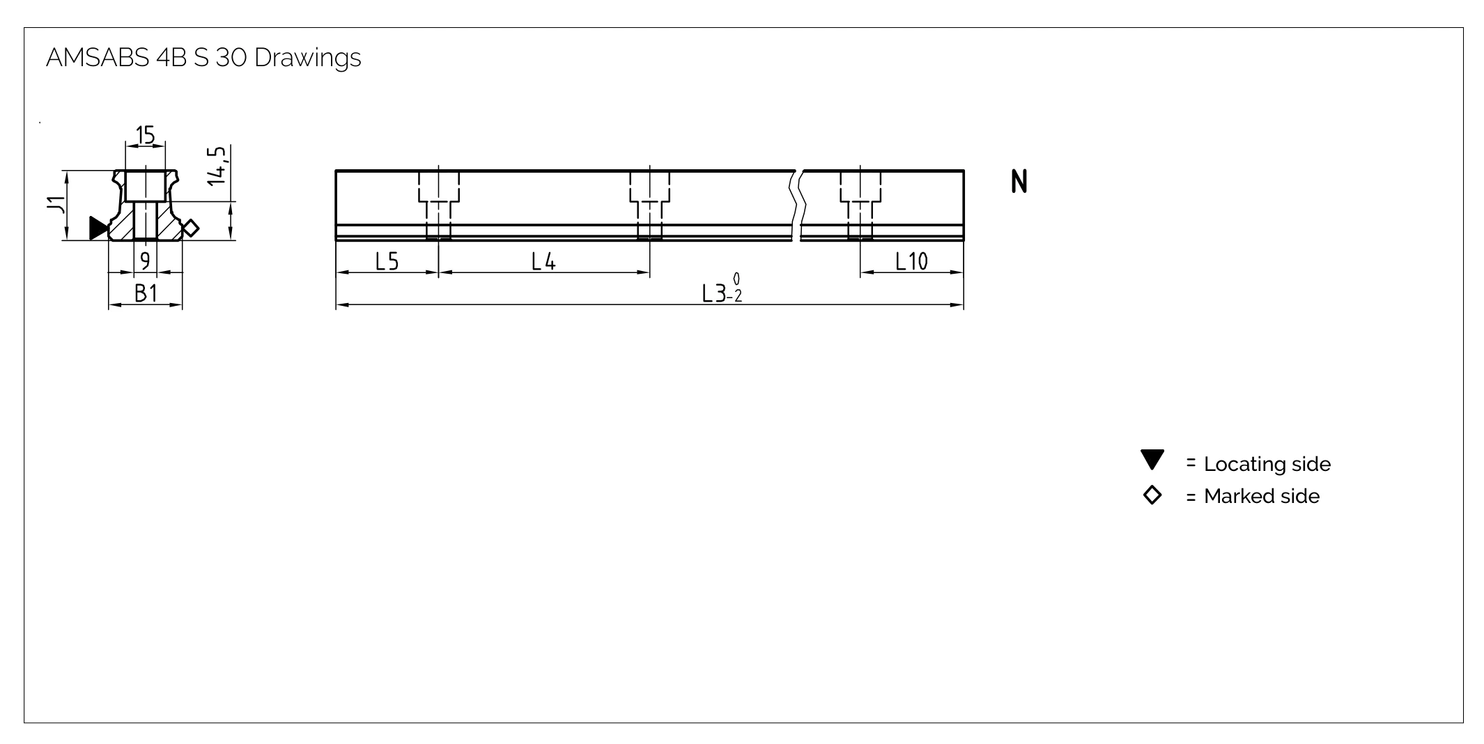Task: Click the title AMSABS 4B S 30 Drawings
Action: coord(203,58)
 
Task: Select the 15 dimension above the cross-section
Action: coord(146,134)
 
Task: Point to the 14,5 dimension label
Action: coord(217,165)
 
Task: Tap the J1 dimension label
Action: coord(55,205)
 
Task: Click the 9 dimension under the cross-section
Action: coord(145,261)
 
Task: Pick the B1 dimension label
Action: coord(146,294)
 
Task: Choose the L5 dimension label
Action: coord(387,261)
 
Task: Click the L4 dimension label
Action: coord(543,261)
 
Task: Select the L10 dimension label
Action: coord(911,261)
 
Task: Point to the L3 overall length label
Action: coord(722,290)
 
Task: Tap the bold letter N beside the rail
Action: coord(1019,182)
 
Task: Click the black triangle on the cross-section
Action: coord(98,228)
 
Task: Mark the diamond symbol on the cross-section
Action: coord(190,228)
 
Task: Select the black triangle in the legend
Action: coord(1152,460)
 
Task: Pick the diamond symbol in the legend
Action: coord(1152,495)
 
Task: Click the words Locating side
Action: coord(1267,464)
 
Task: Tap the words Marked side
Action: coord(1262,496)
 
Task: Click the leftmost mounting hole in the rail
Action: coord(439,205)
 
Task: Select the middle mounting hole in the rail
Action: coord(650,205)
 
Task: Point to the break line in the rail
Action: coord(797,205)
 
